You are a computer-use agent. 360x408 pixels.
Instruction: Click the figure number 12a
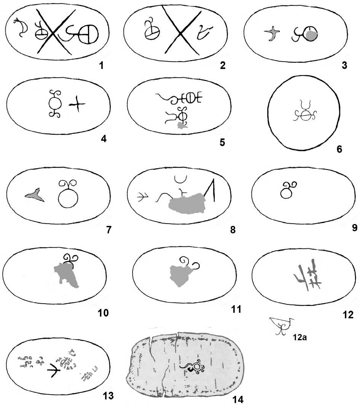point(300,337)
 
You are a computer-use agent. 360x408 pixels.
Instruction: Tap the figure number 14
point(238,399)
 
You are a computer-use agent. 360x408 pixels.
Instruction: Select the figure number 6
point(339,149)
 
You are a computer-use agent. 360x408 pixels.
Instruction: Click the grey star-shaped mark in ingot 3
point(272,34)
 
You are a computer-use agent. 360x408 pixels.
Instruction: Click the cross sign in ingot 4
point(77,104)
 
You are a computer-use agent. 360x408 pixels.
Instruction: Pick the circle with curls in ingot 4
point(55,104)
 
